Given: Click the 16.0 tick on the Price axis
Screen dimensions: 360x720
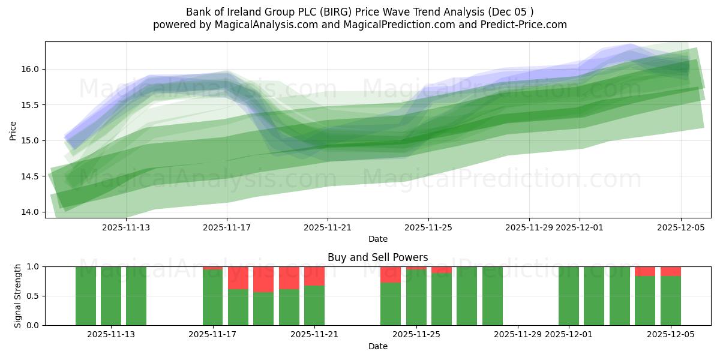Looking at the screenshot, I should [31, 69].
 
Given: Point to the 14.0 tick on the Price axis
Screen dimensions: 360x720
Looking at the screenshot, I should [31, 212].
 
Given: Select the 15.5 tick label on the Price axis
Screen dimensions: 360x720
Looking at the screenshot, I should [31, 105].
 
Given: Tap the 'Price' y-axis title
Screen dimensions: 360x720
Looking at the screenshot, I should [13, 130].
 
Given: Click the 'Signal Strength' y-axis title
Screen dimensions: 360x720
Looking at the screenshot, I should [17, 296].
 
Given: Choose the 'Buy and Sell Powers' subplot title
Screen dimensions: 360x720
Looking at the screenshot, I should [377, 257].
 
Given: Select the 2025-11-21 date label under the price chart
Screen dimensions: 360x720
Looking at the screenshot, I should [328, 227].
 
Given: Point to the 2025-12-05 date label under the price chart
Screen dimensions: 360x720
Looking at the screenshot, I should [680, 227].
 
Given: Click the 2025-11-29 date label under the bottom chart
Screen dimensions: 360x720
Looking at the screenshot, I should [517, 335].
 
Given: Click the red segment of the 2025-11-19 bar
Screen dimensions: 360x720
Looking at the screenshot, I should [263, 280].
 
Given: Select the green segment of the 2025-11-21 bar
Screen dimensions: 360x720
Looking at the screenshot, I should [314, 305].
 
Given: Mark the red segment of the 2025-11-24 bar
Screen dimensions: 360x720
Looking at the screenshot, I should [391, 275].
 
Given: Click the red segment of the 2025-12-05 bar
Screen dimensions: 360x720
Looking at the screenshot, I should [671, 271].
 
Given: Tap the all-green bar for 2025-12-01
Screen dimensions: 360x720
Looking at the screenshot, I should [569, 296].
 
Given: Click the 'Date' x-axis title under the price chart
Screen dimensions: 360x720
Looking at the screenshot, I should [377, 239].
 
